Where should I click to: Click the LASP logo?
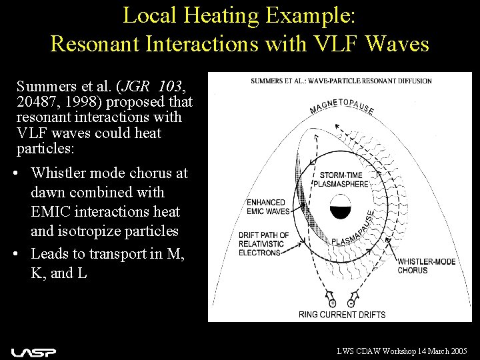click(x=33, y=351)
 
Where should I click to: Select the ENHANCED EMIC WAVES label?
click(x=266, y=207)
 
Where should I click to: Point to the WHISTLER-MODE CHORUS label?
click(x=427, y=266)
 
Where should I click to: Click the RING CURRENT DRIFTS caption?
click(x=342, y=315)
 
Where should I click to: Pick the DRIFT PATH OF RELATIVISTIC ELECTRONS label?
click(x=264, y=243)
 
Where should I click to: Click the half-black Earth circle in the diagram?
click(x=341, y=207)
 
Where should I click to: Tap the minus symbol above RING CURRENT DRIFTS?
click(x=351, y=303)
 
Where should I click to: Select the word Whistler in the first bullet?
click(x=63, y=173)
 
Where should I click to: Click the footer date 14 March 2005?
click(x=437, y=351)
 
